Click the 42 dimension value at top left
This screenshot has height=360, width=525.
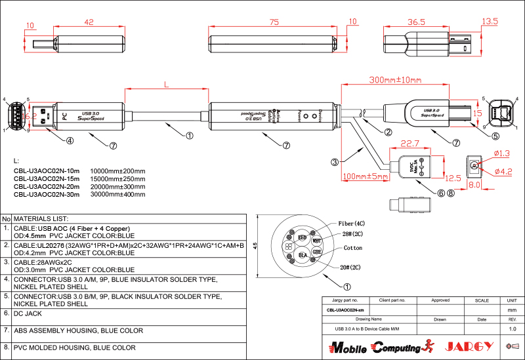tap(89, 21)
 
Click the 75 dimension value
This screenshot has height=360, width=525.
tap(274, 21)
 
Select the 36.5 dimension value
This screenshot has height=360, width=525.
tap(416, 21)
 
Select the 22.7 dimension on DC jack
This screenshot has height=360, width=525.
tap(410, 144)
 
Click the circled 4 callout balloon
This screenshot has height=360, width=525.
tap(69, 140)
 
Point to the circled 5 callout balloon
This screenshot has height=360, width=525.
tap(495, 136)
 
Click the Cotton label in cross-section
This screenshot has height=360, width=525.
tap(353, 249)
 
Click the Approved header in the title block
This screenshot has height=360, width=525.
tap(440, 300)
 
